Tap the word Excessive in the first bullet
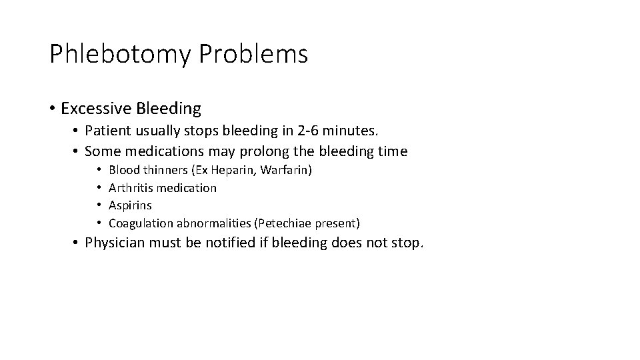point(95,108)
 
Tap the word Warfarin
point(285,171)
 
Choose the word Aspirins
point(130,205)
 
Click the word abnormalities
point(212,223)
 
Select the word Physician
point(116,243)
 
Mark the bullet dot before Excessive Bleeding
point(53,108)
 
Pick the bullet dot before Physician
point(77,243)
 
